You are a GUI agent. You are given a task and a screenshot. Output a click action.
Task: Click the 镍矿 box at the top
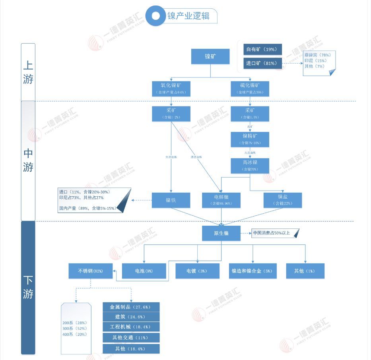210,56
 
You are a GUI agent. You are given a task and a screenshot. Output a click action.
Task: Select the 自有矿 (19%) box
262,49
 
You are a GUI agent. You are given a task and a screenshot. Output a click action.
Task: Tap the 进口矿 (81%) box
262,63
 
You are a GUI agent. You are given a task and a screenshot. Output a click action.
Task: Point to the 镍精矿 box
250,139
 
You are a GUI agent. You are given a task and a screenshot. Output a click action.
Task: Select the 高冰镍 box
250,165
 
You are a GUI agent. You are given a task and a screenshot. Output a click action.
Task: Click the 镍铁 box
171,200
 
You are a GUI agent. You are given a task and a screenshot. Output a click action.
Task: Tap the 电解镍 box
221,200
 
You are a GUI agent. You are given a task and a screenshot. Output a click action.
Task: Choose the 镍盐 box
283,200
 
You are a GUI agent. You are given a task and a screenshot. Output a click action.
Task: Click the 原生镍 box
221,233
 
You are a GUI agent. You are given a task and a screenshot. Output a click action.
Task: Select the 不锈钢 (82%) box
90,271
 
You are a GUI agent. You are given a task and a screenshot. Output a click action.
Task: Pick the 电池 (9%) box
144,271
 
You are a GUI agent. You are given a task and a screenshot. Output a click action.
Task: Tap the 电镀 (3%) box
197,271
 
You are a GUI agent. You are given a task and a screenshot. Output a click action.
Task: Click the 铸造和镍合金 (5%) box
252,271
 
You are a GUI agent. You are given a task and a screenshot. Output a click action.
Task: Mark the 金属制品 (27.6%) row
131,307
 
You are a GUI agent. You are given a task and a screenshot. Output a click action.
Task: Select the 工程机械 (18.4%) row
131,327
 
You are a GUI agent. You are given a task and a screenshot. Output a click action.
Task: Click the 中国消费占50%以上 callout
275,233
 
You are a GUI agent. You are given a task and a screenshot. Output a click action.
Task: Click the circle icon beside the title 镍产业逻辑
156,16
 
